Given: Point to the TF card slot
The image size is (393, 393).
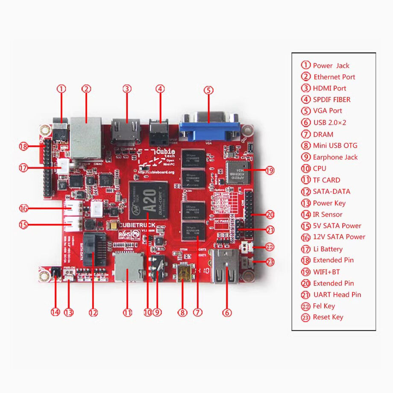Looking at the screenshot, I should (x=129, y=267).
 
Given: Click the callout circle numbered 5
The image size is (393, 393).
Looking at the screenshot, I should (x=208, y=90).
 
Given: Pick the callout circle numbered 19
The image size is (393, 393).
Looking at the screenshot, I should (x=269, y=170).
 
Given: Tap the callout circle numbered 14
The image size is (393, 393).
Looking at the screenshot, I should (x=55, y=312).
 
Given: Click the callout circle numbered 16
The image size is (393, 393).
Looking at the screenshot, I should (x=23, y=208).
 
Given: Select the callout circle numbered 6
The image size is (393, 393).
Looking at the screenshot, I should (x=227, y=313).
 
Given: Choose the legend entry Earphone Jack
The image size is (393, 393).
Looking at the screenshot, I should (x=335, y=157).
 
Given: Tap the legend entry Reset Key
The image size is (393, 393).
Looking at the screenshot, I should (x=328, y=317).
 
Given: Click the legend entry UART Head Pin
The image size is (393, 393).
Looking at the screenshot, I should (x=337, y=294).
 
